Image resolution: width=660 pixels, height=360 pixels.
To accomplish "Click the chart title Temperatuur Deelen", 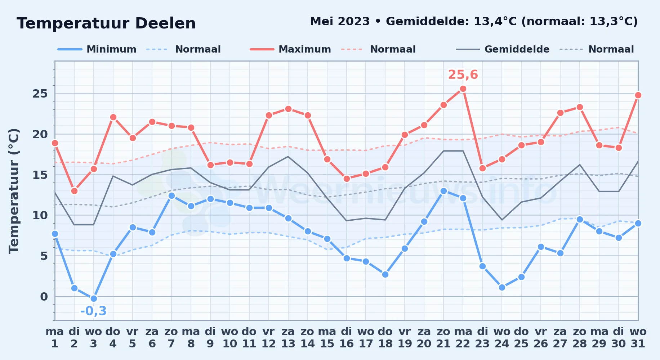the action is (106, 23).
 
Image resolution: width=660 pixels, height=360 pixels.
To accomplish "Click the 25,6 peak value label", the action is (463, 75).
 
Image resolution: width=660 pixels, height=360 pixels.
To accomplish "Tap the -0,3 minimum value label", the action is (93, 311).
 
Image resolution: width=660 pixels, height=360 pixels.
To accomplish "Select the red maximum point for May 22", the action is (463, 89).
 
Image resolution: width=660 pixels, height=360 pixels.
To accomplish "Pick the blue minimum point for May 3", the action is (94, 298).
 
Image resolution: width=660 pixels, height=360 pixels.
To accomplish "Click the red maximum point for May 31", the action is (638, 95).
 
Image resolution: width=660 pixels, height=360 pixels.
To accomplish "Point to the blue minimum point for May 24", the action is (502, 287).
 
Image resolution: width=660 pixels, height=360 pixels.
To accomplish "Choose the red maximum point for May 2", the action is (74, 191).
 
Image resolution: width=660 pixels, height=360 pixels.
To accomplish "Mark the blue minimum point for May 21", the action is (443, 191).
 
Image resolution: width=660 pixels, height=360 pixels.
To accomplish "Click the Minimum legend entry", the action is (97, 49).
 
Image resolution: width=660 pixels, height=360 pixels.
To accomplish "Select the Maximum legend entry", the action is (290, 49).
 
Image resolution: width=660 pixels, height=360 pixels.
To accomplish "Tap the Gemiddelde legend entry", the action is (503, 49).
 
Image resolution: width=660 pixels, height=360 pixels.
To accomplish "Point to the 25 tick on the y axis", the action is (40, 94).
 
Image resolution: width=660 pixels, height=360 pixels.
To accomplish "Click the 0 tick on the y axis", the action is (44, 297).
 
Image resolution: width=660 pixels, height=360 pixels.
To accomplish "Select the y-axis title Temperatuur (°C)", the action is (14, 191).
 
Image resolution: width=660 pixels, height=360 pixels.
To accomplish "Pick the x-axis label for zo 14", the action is (307, 337).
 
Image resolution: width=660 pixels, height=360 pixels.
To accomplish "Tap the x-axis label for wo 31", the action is (638, 337).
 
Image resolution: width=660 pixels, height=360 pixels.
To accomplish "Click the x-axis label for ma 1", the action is (55, 337).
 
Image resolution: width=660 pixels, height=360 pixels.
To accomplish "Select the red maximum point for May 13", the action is (288, 109).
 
